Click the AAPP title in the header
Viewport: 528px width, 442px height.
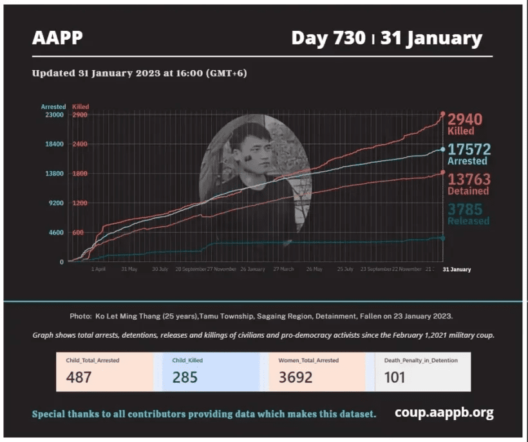tap(57, 38)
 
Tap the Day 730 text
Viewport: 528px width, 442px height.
tap(327, 38)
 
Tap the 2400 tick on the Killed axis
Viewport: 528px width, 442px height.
tap(80, 144)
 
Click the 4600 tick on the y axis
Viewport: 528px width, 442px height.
tap(53, 233)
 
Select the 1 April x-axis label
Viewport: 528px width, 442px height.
tap(99, 270)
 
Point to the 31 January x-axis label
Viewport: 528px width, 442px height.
tap(457, 270)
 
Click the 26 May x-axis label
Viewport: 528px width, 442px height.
tap(314, 270)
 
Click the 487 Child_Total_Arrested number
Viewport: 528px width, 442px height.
tap(79, 377)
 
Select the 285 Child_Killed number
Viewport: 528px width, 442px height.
tap(185, 377)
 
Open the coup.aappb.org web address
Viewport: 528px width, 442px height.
tap(444, 412)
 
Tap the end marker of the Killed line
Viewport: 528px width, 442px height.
tap(443, 114)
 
